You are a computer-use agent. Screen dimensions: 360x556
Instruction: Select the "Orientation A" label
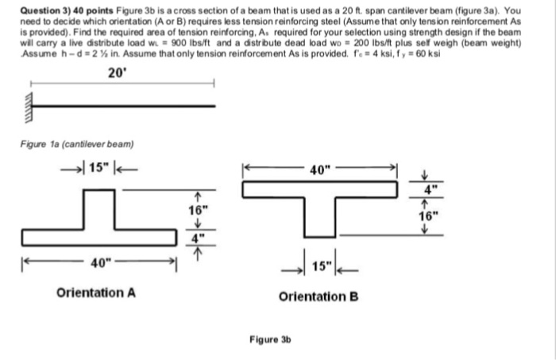tap(95, 292)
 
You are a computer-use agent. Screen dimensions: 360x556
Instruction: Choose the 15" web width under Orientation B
tap(319, 265)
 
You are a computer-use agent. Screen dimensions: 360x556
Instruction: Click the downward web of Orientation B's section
tap(319, 216)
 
